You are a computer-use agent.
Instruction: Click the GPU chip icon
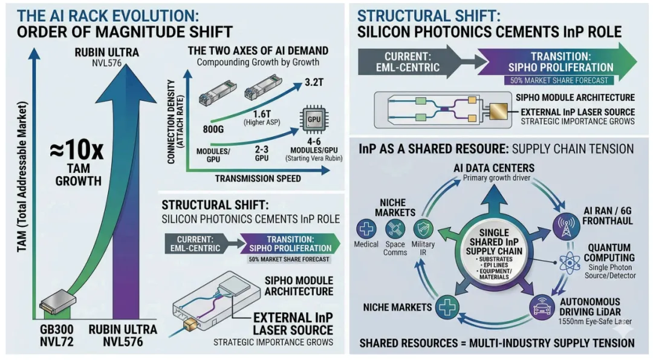(x=314, y=120)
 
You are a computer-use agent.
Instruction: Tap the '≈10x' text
(x=77, y=150)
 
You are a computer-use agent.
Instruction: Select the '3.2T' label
(x=314, y=82)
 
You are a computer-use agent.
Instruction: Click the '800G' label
(x=213, y=129)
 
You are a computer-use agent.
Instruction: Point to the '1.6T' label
(x=262, y=113)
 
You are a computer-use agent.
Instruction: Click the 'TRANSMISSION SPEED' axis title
(x=258, y=178)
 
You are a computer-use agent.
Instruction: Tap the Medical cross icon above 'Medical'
(x=366, y=228)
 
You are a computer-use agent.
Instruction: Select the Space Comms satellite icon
(x=395, y=229)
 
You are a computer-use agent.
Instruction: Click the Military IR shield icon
(x=423, y=229)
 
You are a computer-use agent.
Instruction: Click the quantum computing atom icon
(x=570, y=263)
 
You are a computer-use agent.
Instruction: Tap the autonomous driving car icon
(x=542, y=307)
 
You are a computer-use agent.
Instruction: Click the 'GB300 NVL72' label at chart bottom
(x=57, y=335)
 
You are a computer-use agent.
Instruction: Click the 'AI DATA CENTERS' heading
(x=494, y=168)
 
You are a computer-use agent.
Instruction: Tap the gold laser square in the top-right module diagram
(x=498, y=111)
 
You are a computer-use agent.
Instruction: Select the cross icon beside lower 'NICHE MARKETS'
(x=447, y=307)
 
